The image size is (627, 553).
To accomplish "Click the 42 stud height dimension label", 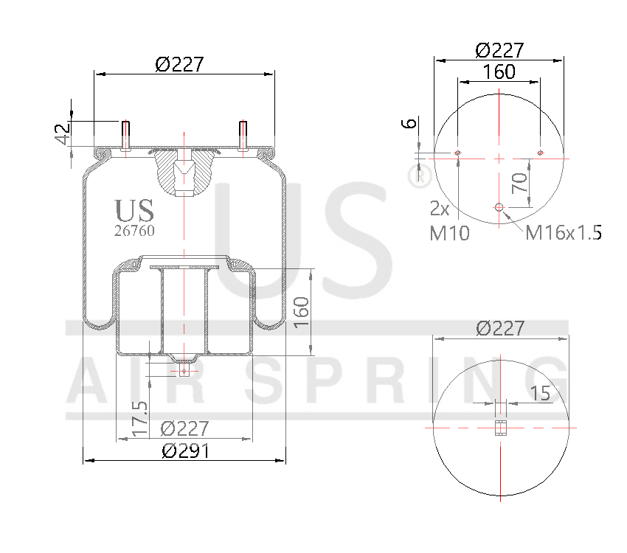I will tap(63, 133).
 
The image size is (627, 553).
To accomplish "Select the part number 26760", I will tap(134, 230).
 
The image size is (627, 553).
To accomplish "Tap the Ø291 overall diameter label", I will tap(185, 451).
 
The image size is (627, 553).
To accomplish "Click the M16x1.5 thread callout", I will tap(564, 233).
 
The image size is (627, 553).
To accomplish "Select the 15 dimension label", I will tap(540, 394).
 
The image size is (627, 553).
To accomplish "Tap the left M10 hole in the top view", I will tap(458, 153).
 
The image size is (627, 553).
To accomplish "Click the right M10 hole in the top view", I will tap(541, 153).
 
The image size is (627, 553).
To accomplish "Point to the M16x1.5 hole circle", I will tap(499, 208).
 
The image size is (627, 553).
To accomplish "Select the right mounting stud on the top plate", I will tap(243, 136).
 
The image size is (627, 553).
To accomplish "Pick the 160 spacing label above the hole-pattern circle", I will tap(499, 72).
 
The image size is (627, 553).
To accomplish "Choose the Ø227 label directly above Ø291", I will tap(185, 428).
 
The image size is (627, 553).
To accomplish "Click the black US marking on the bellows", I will tap(135, 210).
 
